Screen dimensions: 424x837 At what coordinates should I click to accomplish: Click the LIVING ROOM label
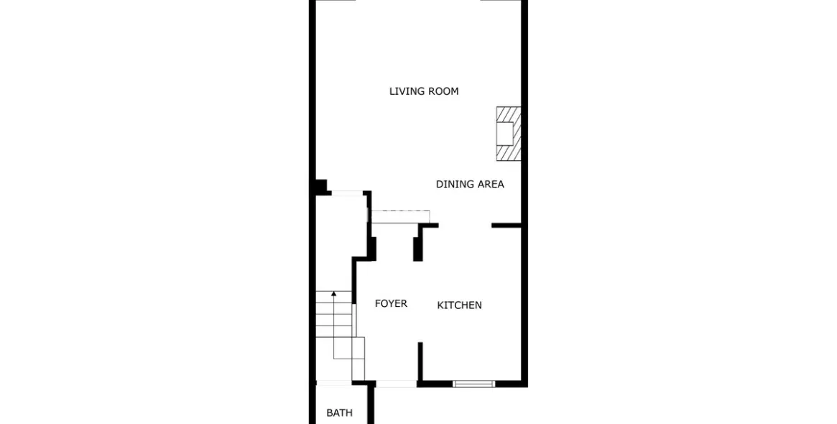coord(424,91)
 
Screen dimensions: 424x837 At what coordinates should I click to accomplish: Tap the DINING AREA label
coord(470,184)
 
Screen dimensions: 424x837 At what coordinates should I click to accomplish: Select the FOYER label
coord(391,304)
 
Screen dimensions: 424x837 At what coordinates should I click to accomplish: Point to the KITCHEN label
coord(459,305)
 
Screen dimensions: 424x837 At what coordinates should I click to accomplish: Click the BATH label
coord(339,413)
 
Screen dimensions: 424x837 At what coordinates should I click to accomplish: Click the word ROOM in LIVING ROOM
coord(443,91)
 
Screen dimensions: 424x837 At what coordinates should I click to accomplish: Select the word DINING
coord(454,184)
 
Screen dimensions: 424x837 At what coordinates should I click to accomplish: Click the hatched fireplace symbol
coord(509,134)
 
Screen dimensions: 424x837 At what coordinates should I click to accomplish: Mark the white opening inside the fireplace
coord(506,134)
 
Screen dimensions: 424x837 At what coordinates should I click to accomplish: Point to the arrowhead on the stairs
coord(334,293)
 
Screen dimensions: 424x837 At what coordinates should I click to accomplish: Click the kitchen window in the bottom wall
coord(474,384)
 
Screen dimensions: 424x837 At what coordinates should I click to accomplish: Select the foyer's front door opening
coord(396,384)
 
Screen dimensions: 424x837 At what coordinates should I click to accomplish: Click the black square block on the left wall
coord(320,187)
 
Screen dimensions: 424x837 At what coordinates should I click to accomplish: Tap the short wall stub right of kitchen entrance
coord(506,226)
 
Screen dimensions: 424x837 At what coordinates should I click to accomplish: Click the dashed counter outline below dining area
coord(399,216)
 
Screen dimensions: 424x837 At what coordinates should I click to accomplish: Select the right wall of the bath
coord(371,405)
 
